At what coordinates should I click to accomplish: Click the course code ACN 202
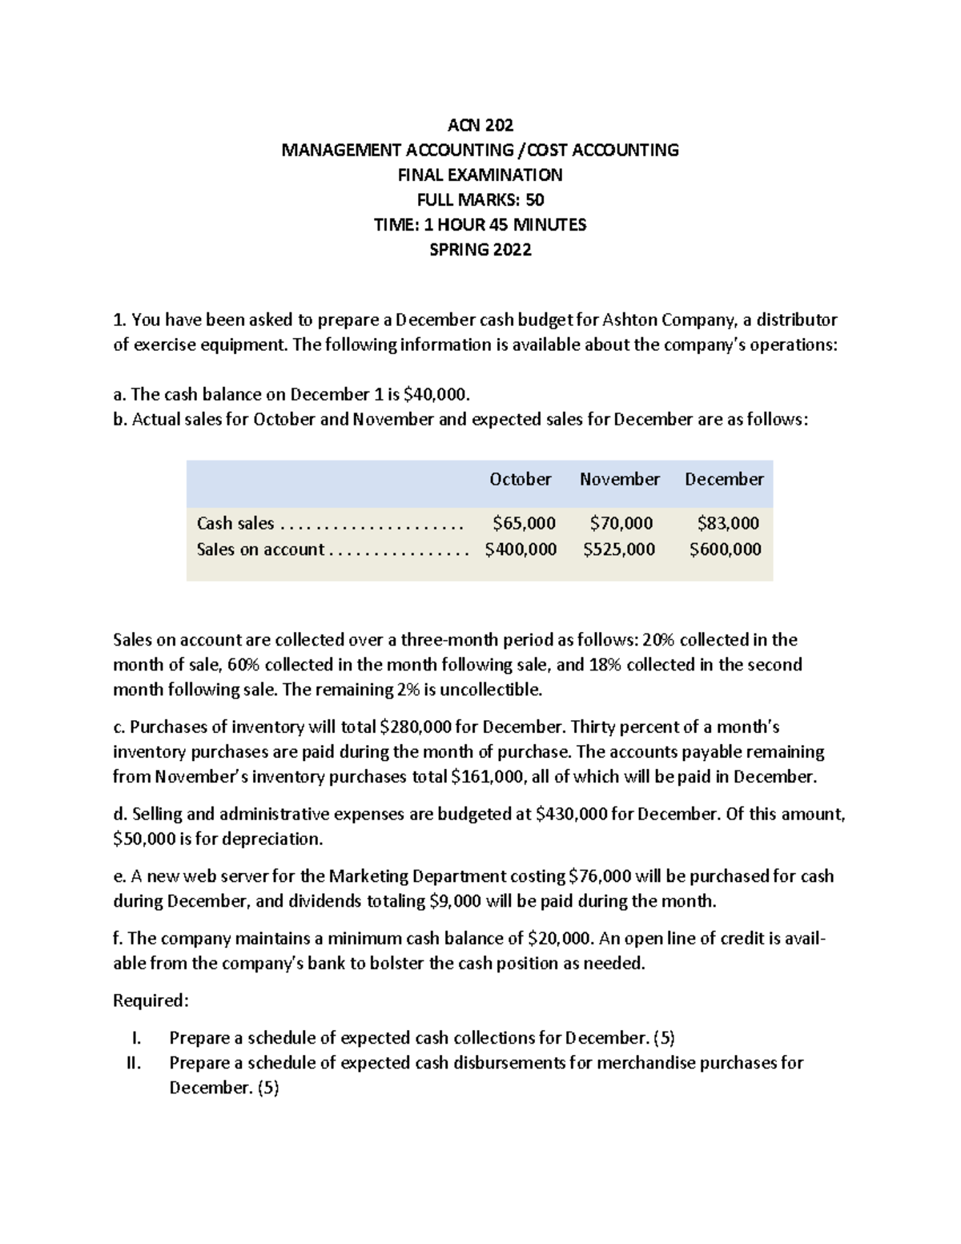pyautogui.click(x=480, y=125)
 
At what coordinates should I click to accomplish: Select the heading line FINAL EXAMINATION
pyautogui.click(x=480, y=175)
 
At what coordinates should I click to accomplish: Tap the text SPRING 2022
pyautogui.click(x=480, y=249)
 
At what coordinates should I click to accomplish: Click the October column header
pyautogui.click(x=521, y=479)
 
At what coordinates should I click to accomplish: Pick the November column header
pyautogui.click(x=619, y=479)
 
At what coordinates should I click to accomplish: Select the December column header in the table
pyautogui.click(x=724, y=479)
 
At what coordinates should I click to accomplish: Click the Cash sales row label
pyautogui.click(x=235, y=523)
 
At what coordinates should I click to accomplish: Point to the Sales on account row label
pyautogui.click(x=260, y=549)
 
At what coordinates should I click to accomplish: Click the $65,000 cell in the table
pyautogui.click(x=524, y=523)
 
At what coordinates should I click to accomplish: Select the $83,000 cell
pyautogui.click(x=728, y=523)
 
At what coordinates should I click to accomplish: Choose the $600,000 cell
pyautogui.click(x=726, y=549)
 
